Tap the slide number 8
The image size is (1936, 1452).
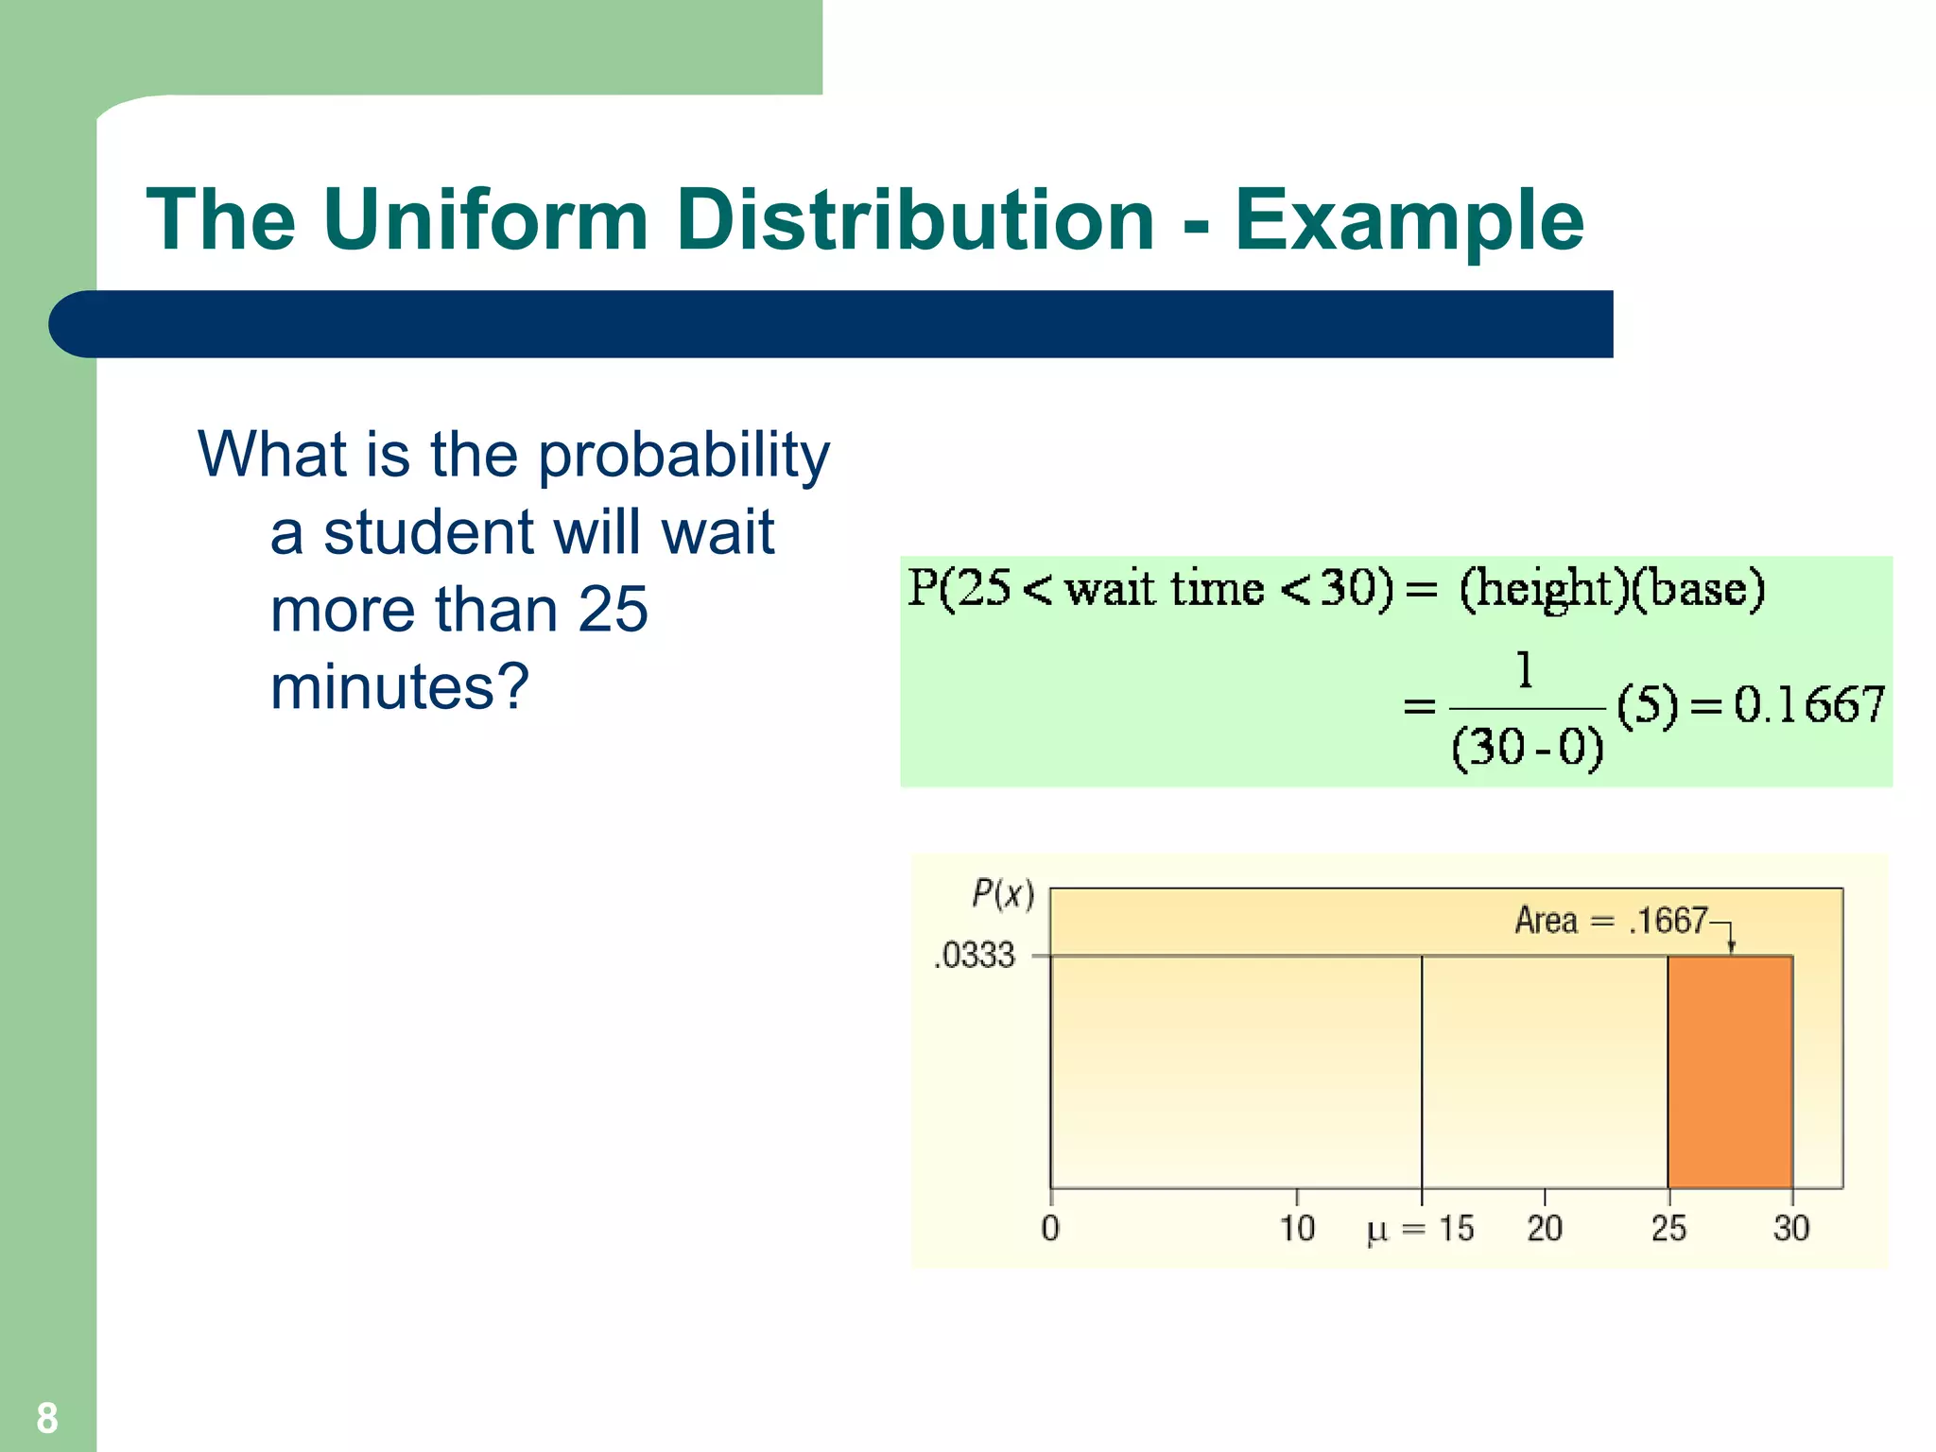[47, 1418]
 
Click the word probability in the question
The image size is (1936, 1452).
[683, 456]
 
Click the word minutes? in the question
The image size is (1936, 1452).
[400, 686]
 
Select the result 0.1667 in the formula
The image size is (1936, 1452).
[1808, 705]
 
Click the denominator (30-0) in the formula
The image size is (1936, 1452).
[1527, 748]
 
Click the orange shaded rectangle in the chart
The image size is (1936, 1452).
[1730, 1072]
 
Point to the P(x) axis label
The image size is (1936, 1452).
[1003, 893]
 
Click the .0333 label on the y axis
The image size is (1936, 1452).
[975, 956]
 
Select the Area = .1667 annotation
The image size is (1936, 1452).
[1611, 920]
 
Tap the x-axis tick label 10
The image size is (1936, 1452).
[1297, 1229]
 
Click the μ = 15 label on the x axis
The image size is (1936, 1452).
[1420, 1229]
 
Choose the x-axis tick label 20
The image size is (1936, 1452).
[1544, 1229]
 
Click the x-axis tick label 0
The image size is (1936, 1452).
[1050, 1229]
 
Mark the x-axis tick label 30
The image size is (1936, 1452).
[1790, 1229]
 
